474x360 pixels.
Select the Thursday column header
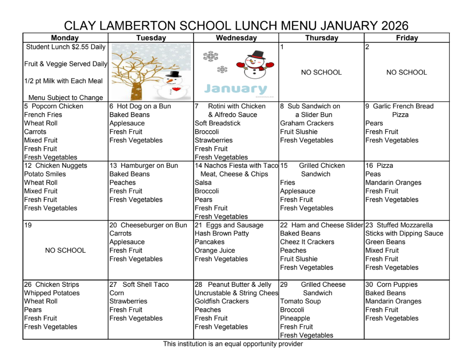pos(321,38)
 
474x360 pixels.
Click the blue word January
pos(236,88)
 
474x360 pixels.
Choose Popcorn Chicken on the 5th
pos(58,106)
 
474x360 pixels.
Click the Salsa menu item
pos(203,182)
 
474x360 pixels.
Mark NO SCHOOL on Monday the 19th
pos(65,250)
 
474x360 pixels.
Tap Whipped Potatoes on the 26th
pos(52,293)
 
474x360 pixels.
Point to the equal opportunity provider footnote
pos(233,344)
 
